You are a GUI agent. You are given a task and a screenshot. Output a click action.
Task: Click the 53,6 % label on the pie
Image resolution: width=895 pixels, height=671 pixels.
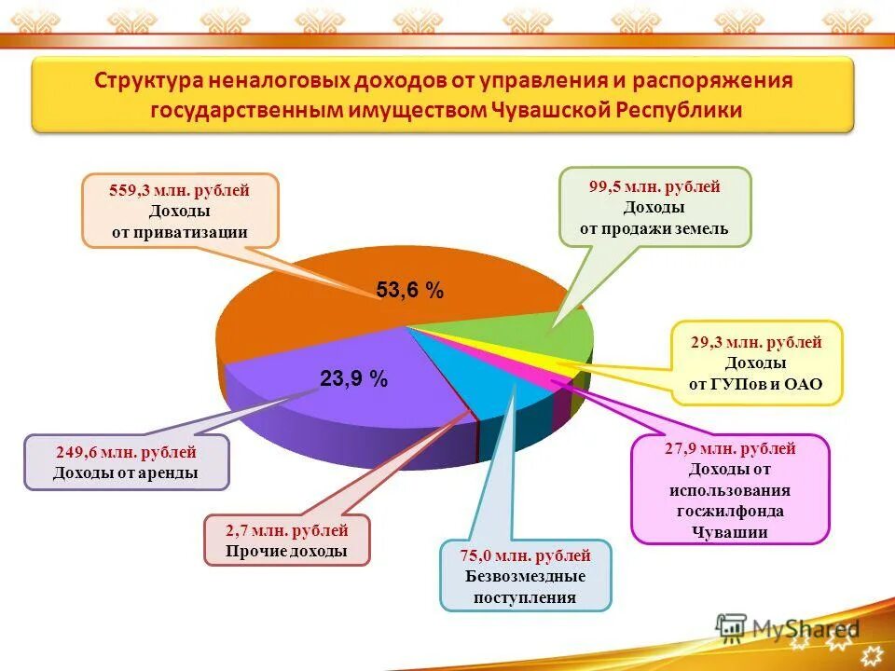pos(409,291)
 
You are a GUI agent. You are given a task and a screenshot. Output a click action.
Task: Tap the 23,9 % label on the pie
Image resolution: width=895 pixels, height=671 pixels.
pos(353,378)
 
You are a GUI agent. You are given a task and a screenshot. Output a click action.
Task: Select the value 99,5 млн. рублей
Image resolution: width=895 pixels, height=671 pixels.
pos(654,186)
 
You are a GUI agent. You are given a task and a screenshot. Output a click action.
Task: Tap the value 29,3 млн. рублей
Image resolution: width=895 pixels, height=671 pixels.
pos(756,342)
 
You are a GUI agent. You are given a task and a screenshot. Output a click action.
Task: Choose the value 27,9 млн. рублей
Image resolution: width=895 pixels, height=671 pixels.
pos(730,448)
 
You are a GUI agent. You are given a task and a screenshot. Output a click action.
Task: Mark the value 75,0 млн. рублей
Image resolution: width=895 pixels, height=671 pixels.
pos(525,555)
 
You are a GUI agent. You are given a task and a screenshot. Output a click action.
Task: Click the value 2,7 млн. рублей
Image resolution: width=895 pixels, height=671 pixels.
pos(286,531)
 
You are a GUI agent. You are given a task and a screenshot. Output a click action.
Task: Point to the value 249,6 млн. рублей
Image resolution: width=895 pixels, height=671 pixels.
pos(125,453)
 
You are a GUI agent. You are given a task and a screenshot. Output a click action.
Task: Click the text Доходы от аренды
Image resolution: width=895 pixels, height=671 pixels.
pos(125,473)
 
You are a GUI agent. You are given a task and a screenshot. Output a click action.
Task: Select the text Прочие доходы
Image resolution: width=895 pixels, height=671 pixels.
pos(286,551)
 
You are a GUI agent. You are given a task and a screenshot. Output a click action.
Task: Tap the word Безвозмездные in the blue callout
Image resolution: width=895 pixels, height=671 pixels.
pos(526,576)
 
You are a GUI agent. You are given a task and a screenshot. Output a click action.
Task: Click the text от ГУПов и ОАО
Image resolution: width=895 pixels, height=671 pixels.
pos(756,384)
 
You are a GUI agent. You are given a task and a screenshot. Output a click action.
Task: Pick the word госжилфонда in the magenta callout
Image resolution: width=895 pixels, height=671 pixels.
pos(730,511)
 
